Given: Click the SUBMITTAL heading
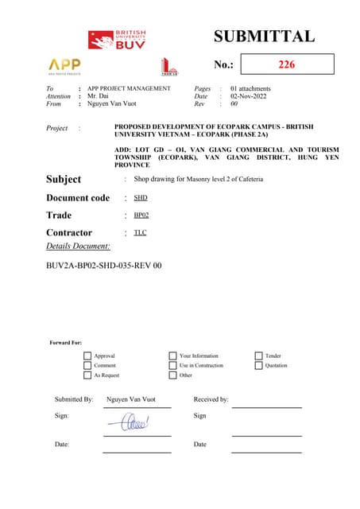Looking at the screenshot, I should click(264, 36).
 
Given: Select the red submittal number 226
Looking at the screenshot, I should click(286, 64).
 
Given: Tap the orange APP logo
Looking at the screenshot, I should click(64, 64).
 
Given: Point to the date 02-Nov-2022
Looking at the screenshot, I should click(251, 96).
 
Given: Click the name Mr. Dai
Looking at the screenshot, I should click(99, 96).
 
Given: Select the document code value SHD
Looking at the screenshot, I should click(140, 197).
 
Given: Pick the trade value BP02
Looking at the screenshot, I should click(141, 215).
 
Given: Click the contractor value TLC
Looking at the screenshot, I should click(140, 232).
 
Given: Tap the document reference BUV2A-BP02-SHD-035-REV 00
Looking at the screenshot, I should click(104, 265).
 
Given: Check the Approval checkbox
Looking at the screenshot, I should click(87, 356).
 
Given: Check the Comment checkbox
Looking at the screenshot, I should click(87, 366).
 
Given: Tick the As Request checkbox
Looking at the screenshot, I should click(87, 375).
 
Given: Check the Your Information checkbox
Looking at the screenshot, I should click(172, 356).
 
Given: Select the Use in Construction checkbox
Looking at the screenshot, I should click(172, 366).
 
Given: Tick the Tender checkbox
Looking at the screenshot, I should click(258, 356).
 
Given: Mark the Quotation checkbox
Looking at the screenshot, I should click(258, 366).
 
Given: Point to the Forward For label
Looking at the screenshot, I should click(66, 343).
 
